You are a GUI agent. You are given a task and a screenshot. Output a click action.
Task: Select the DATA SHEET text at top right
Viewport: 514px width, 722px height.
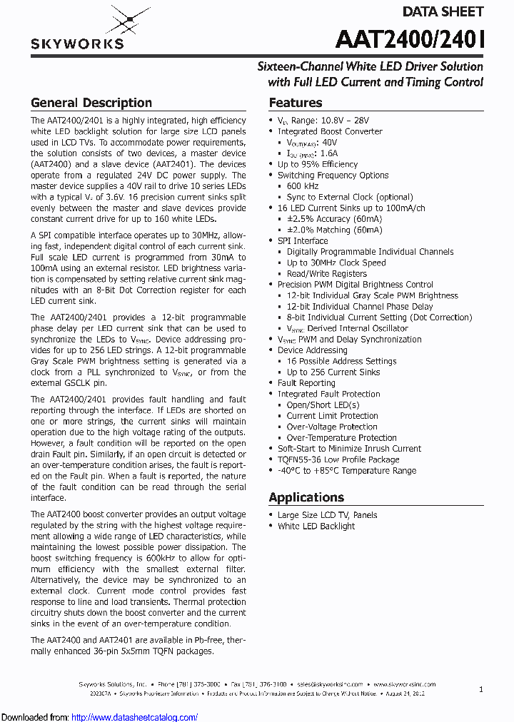443,11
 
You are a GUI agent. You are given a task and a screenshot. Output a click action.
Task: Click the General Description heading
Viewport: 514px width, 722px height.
91,103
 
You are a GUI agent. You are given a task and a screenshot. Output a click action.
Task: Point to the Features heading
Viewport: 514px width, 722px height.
295,103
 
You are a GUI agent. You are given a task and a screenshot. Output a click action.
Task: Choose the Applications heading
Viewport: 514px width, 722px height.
306,497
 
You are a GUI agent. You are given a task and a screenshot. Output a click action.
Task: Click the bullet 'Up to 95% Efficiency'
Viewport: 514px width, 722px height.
317,164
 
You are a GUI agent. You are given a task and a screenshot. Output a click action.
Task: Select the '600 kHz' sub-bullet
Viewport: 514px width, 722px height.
303,185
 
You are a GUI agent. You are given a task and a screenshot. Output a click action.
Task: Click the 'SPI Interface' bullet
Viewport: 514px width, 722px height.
302,240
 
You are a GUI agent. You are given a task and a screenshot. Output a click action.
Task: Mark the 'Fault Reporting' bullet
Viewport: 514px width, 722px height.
306,383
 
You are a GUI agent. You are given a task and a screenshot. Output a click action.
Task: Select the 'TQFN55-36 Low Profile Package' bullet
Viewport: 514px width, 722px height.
338,459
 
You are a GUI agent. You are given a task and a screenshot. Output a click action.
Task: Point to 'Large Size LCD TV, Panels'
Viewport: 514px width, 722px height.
327,515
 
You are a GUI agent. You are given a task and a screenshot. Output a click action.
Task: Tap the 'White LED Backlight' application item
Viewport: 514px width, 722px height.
316,526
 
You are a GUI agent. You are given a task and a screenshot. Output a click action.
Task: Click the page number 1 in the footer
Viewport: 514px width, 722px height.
480,690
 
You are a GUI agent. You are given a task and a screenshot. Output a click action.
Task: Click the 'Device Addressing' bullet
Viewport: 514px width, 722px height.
312,350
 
